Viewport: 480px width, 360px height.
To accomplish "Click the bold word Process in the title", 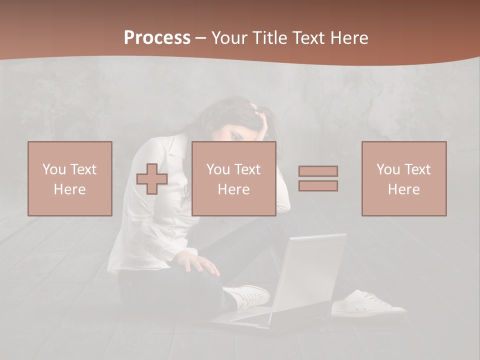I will [157, 38].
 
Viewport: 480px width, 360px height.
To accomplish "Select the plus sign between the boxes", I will [152, 179].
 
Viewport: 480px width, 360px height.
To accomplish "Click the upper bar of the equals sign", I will [318, 171].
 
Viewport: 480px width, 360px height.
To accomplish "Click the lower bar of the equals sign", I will [318, 186].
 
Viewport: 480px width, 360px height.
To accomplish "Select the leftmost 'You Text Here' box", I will [70, 178].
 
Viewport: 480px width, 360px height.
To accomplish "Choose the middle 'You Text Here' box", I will [234, 178].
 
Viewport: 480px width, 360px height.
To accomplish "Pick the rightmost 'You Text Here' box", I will [404, 178].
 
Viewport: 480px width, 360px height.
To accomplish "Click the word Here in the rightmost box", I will [404, 189].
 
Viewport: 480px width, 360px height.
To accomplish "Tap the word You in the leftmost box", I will [53, 169].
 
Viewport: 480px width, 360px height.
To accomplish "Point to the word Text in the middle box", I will [247, 169].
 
